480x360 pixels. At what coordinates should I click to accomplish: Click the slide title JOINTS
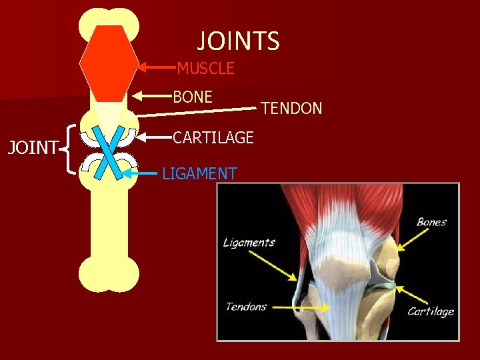pyautogui.click(x=238, y=41)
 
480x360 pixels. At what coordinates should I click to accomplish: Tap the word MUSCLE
pyautogui.click(x=205, y=68)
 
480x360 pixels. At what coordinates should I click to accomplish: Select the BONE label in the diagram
pyautogui.click(x=193, y=97)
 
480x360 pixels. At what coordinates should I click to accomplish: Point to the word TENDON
pyautogui.click(x=291, y=108)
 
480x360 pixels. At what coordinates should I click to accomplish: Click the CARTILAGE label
pyautogui.click(x=213, y=137)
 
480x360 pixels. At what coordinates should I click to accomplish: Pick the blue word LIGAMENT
pyautogui.click(x=199, y=174)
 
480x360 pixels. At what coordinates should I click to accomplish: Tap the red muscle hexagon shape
pyautogui.click(x=109, y=63)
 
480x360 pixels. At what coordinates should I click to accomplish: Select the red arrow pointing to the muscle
pyautogui.click(x=157, y=67)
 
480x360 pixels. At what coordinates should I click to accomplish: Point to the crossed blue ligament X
pyautogui.click(x=108, y=153)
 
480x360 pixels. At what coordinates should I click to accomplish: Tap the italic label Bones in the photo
pyautogui.click(x=431, y=222)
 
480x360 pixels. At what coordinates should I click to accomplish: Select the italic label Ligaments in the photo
pyautogui.click(x=249, y=242)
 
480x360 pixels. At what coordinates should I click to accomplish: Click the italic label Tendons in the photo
pyautogui.click(x=246, y=307)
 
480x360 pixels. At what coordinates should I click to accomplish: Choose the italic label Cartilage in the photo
pyautogui.click(x=431, y=311)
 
